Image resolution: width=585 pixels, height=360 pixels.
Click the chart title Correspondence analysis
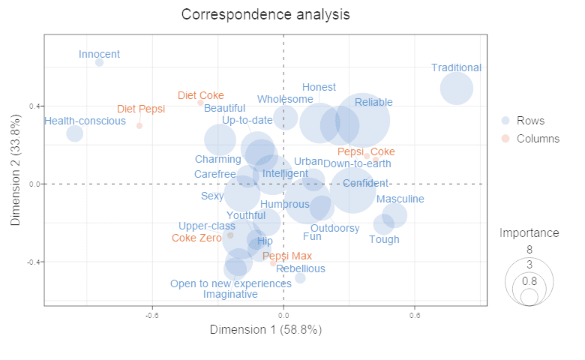pos(265,14)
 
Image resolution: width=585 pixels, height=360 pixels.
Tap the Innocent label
pos(99,54)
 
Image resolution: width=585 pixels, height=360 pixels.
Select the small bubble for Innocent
pos(99,62)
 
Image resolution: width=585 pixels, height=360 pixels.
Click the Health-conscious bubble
pos(74,133)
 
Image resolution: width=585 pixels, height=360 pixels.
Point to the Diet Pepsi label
pos(141,109)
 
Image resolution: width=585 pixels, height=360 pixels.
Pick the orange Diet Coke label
pos(200,95)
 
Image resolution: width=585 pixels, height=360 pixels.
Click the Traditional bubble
pos(456,88)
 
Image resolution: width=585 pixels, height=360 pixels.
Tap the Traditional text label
pos(456,67)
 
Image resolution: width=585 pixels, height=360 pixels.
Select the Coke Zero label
pos(196,238)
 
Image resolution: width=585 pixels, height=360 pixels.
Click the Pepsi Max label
pos(287,256)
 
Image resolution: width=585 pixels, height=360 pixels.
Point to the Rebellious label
pos(300,268)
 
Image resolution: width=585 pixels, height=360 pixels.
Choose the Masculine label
pos(400,199)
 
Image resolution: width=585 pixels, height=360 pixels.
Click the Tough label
pos(384,240)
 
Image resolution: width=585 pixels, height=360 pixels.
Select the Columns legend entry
pos(538,138)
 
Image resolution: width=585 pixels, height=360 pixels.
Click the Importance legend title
pos(529,233)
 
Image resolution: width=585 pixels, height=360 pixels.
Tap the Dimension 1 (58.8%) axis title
pos(265,329)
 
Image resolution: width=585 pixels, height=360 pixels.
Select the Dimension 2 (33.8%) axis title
pos(16,169)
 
